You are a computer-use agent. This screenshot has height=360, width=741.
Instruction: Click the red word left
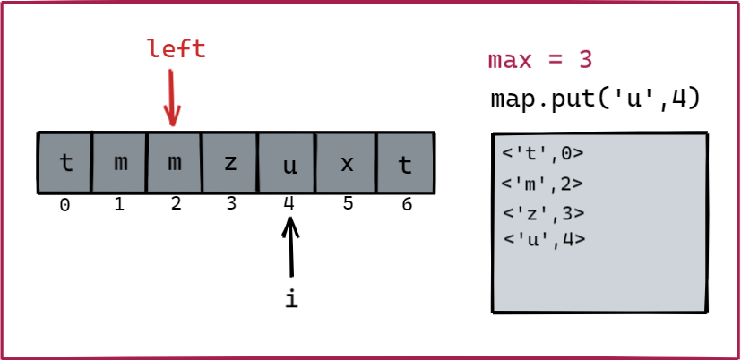tap(177, 48)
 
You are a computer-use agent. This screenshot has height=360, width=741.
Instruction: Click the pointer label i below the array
tap(290, 300)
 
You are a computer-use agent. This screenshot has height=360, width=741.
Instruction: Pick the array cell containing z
tap(230, 163)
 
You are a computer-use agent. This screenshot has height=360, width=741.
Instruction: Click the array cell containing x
tap(347, 163)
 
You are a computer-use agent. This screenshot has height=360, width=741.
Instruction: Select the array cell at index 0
tap(65, 163)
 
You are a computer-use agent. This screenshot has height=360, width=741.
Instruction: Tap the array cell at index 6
tap(405, 163)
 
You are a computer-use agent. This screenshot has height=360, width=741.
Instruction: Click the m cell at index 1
tap(120, 163)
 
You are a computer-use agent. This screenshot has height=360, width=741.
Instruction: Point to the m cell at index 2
tap(175, 163)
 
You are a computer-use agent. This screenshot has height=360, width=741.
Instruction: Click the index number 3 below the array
tap(231, 204)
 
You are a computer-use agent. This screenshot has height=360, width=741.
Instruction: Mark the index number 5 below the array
tap(348, 204)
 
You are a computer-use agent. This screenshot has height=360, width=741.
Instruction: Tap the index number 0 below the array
tap(65, 205)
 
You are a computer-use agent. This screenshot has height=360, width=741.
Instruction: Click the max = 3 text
tap(540, 60)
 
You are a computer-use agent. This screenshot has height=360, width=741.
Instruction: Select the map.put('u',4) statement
tap(595, 98)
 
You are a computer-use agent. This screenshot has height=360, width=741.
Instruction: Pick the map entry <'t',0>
tap(544, 154)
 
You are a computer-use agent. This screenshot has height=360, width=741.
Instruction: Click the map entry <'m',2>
tap(544, 184)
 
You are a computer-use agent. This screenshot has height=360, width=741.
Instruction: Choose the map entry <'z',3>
tap(544, 213)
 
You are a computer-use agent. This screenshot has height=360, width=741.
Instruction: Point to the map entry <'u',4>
tap(544, 239)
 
